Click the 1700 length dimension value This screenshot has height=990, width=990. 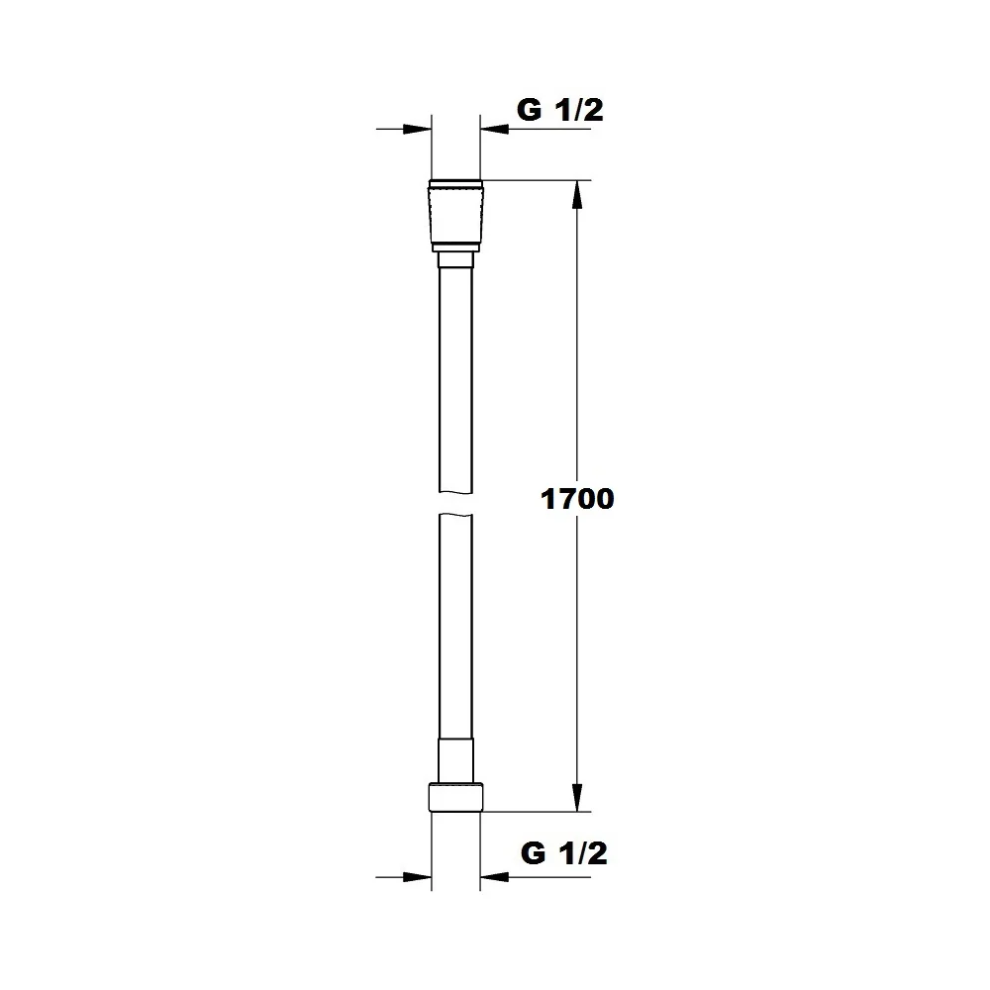click(577, 499)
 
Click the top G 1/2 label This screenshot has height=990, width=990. click(560, 110)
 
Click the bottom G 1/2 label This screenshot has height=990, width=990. click(564, 853)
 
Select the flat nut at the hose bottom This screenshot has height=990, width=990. click(455, 797)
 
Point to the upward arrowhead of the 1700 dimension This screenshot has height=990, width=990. click(576, 194)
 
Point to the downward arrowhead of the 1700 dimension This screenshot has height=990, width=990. click(576, 797)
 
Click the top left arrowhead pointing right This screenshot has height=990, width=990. click(418, 130)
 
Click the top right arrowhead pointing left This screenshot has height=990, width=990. click(494, 130)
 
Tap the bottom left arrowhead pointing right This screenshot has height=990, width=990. click(418, 877)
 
